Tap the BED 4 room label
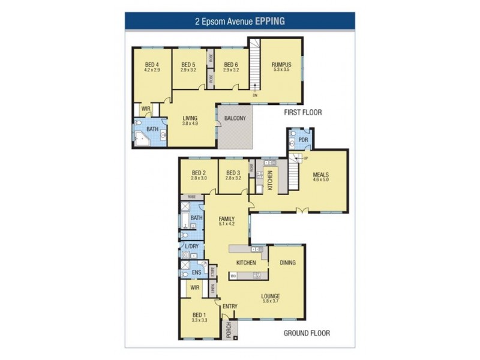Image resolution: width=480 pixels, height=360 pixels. [x=152, y=65]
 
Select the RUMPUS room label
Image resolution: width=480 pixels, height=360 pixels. [x=281, y=65]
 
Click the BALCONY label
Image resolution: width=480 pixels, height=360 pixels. [x=235, y=118]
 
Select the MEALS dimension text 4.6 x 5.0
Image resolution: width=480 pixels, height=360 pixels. [x=320, y=179]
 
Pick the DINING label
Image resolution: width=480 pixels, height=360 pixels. [x=287, y=263]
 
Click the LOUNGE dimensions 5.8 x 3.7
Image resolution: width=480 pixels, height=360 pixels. [x=270, y=301]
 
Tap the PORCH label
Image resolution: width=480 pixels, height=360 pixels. [x=229, y=331]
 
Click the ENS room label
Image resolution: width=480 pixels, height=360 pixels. [x=196, y=272]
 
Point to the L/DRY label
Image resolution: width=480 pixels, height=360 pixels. [x=192, y=247]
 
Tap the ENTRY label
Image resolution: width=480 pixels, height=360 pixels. [x=230, y=307]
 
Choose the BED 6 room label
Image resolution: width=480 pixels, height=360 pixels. [x=231, y=65]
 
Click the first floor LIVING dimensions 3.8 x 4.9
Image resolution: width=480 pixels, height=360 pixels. [x=190, y=124]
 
